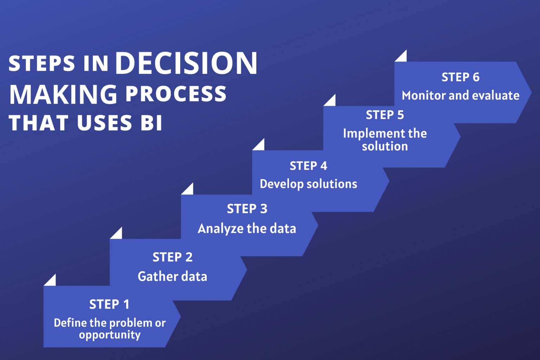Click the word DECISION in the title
click(186, 63)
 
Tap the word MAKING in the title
click(63, 94)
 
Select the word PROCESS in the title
click(176, 94)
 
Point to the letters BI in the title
click(151, 123)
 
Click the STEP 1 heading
click(109, 304)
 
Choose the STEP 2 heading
click(172, 257)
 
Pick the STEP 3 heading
click(247, 209)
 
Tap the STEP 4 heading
click(308, 166)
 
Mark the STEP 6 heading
click(460, 77)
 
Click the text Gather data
click(172, 276)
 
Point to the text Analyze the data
click(247, 229)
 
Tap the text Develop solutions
click(308, 184)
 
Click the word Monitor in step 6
click(420, 96)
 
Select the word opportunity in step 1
click(109, 335)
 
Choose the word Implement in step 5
click(369, 134)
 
